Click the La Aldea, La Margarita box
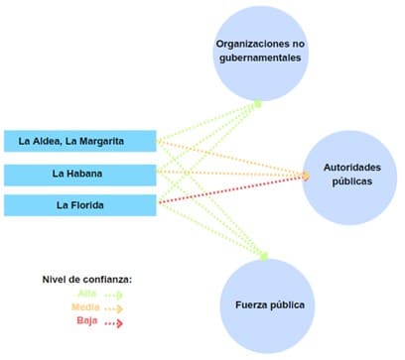tap(78, 141)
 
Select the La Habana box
tap(78, 175)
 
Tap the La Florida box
tap(78, 206)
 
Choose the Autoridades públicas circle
tap(352, 175)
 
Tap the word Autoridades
tap(351, 168)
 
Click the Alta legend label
tap(86, 294)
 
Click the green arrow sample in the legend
tap(112, 295)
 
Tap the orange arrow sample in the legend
tap(112, 308)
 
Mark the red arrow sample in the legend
tap(112, 322)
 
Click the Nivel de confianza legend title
tap(86, 279)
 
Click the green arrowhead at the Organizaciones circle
tap(258, 102)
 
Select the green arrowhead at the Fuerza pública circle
tap(265, 257)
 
